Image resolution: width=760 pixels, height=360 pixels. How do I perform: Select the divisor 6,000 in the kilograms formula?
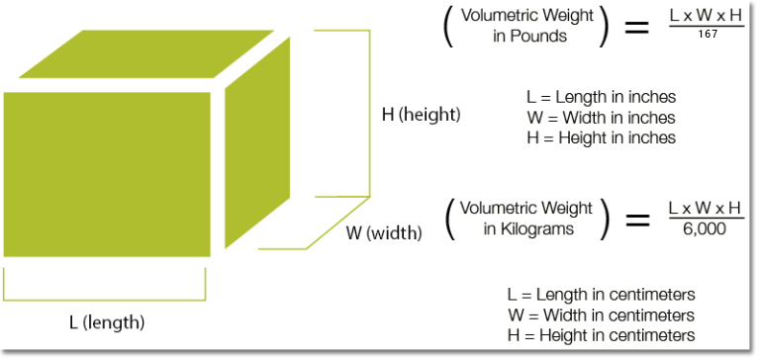pos(705,228)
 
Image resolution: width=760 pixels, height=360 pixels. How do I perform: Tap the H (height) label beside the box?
pos(422,115)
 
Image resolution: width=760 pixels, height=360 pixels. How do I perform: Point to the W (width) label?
pos(384,234)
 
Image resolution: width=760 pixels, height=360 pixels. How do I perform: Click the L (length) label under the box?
pos(107,322)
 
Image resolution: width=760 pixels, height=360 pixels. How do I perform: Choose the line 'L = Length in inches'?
pos(602,98)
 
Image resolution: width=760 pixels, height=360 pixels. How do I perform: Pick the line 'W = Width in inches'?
pos(602,118)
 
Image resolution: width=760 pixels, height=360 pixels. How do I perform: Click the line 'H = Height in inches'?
pos(602,137)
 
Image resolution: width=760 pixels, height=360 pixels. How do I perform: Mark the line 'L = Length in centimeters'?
pos(601,295)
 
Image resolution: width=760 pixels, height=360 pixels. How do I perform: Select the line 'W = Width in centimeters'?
pos(601,315)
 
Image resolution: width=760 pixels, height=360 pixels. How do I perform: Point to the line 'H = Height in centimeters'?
pos(601,335)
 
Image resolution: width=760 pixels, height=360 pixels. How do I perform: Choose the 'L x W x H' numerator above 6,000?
pos(705,209)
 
